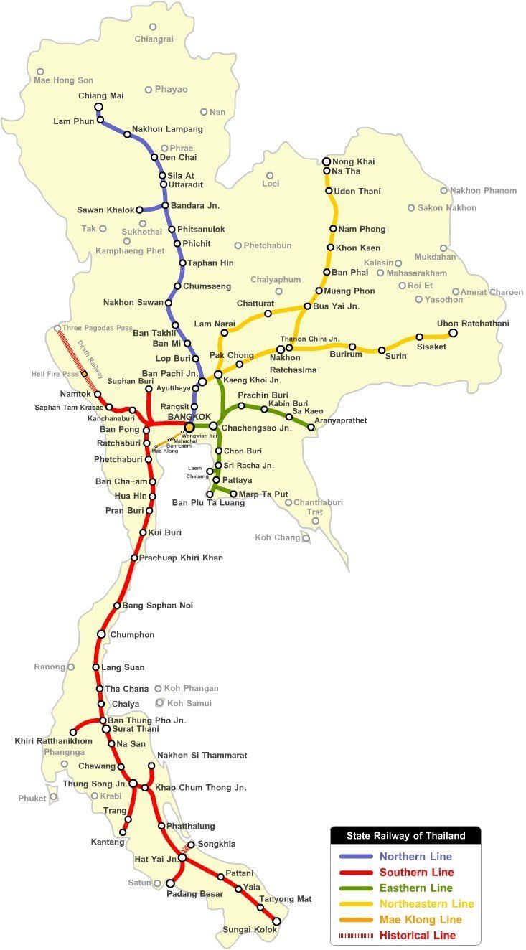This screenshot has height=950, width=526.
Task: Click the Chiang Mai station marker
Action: pyautogui.click(x=99, y=107)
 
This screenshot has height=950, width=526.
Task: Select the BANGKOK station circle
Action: pyautogui.click(x=189, y=427)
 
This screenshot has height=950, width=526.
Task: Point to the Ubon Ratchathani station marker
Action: pyautogui.click(x=453, y=333)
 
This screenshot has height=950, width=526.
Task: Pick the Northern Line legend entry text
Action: pyautogui.click(x=415, y=856)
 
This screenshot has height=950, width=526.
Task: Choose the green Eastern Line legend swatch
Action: pyautogui.click(x=356, y=888)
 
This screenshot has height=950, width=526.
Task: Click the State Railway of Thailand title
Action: pyautogui.click(x=405, y=835)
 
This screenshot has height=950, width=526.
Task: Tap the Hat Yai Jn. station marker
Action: pyautogui.click(x=182, y=857)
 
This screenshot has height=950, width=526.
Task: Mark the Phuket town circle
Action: pyautogui.click(x=53, y=797)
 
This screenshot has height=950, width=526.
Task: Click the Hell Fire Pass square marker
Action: pyautogui.click(x=84, y=374)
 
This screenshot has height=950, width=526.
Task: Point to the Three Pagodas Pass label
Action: pyautogui.click(x=98, y=328)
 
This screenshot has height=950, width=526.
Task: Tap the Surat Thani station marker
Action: pyautogui.click(x=106, y=729)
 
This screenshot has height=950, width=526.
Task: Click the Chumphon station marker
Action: pyautogui.click(x=102, y=634)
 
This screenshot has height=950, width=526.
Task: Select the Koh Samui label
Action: pyautogui.click(x=192, y=703)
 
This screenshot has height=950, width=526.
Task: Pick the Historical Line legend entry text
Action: pyautogui.click(x=418, y=935)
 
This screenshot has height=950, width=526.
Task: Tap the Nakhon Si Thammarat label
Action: pyautogui.click(x=202, y=755)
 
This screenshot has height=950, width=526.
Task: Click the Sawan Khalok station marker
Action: pyautogui.click(x=139, y=210)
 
